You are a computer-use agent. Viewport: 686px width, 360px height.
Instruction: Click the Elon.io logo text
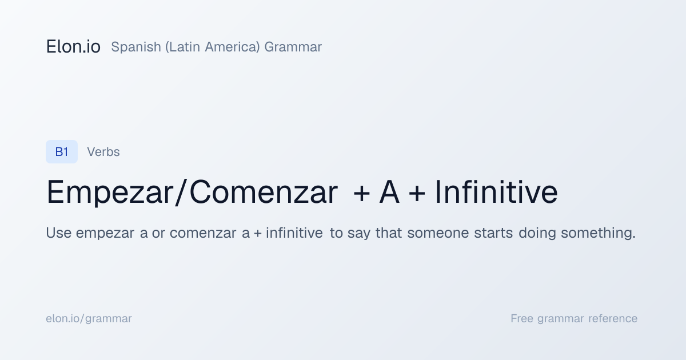73,47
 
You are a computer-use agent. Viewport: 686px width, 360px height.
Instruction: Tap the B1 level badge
62,151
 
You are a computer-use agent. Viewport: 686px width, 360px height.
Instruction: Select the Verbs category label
103,152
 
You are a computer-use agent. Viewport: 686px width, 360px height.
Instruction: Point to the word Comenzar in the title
264,192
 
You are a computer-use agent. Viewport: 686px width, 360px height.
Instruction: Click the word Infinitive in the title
496,192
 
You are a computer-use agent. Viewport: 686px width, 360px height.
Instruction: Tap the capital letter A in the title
389,192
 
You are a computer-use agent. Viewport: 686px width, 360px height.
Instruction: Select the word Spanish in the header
136,47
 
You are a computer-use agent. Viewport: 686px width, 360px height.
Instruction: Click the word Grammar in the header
293,47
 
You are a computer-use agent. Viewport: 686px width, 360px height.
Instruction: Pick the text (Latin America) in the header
213,47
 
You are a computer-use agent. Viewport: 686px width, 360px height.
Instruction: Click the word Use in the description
59,233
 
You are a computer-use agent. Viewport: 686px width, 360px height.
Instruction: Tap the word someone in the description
438,233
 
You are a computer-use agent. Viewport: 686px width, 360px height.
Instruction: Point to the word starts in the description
493,233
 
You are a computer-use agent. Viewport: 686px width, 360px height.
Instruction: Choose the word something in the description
598,233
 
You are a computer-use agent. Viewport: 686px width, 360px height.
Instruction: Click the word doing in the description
537,233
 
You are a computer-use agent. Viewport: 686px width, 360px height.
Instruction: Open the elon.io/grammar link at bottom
89,319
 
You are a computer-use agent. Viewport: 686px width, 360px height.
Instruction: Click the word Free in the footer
522,318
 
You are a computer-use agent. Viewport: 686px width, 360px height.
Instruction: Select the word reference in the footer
613,318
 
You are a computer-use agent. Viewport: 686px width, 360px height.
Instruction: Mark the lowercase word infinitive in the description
294,233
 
